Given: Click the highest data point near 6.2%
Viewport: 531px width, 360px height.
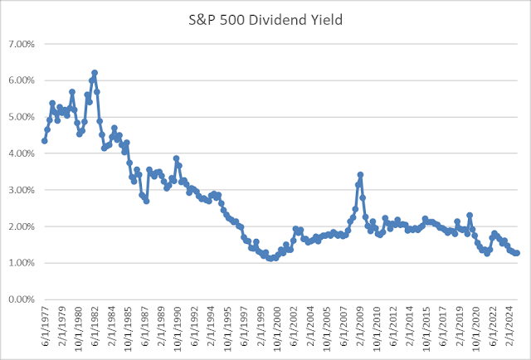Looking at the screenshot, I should (95, 73).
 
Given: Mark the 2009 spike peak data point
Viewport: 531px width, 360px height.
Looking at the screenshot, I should (360, 175).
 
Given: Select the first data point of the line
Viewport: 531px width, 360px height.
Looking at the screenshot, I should (44, 140).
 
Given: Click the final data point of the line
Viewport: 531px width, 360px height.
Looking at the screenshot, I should (517, 253).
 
